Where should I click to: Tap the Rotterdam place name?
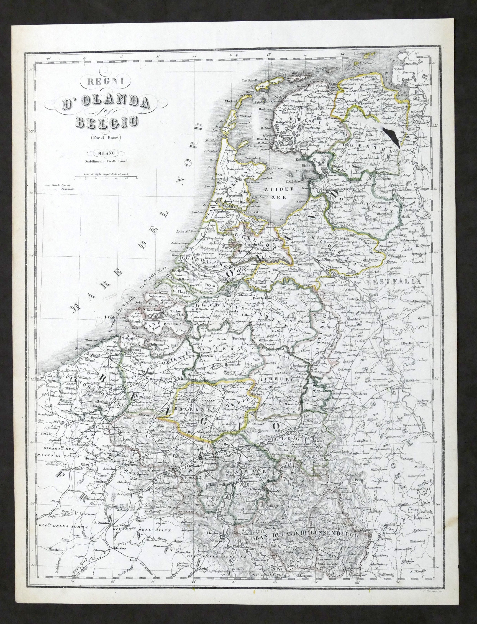[211, 268]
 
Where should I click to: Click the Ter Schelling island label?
[252, 80]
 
